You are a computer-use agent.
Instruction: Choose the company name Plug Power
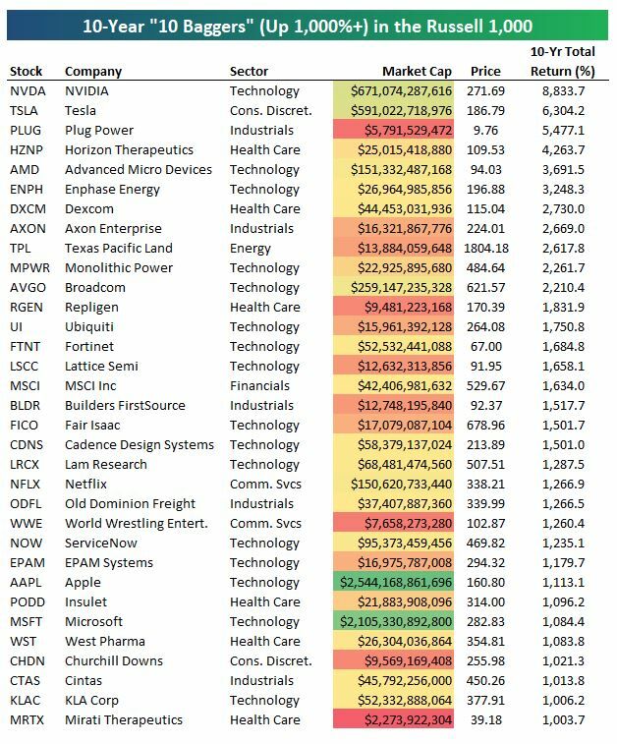pos(99,130)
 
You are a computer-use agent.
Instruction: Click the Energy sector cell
pos(251,248)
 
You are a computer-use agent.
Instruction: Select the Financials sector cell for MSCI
pos(259,385)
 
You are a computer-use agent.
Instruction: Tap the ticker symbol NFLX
pos(25,484)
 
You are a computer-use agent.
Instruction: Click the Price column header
pos(485,71)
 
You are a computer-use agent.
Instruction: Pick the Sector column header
pos(250,71)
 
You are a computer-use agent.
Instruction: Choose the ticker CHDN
pos(27,660)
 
